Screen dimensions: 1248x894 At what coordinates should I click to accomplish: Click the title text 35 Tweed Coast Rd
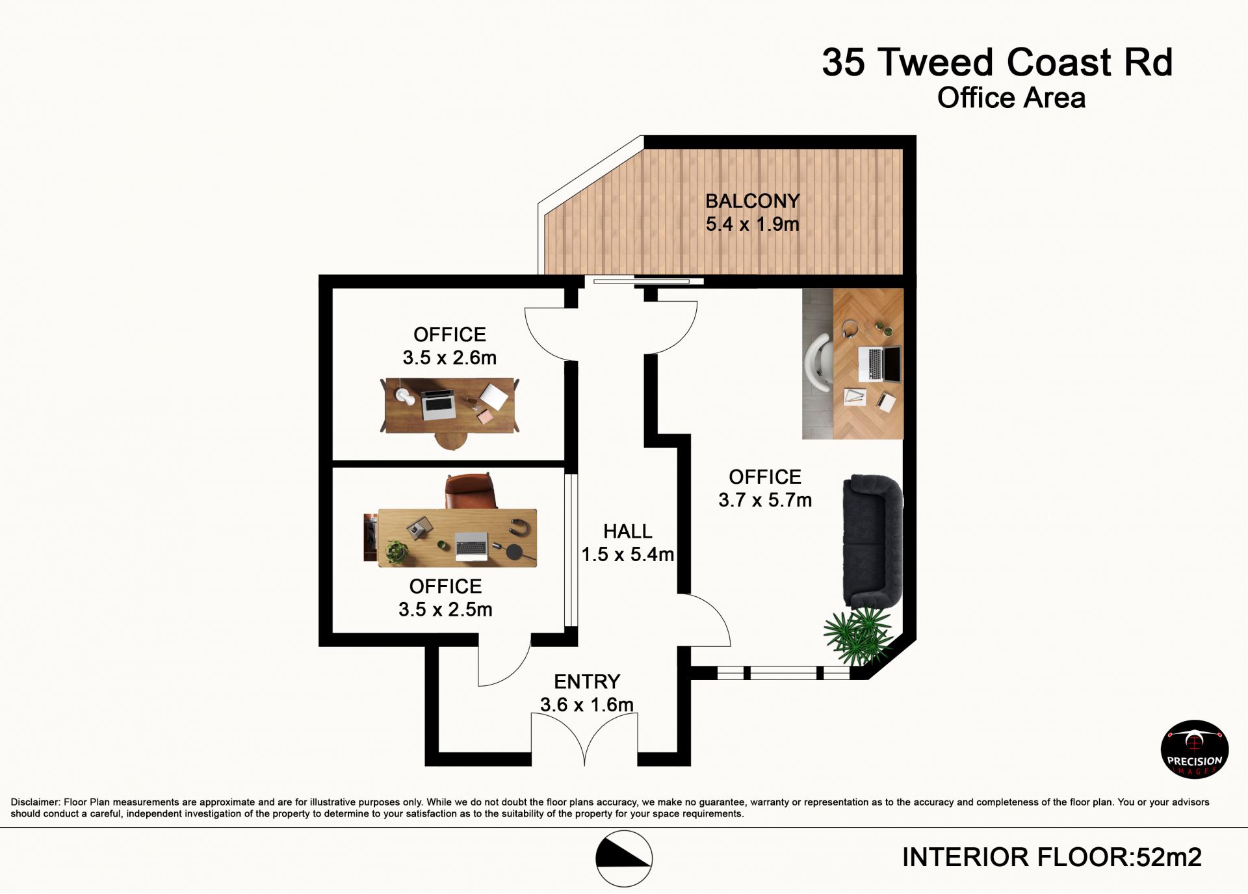pyautogui.click(x=997, y=62)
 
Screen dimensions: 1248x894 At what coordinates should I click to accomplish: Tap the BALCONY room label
pyautogui.click(x=753, y=201)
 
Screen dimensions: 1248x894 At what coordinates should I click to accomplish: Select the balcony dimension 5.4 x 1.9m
pyautogui.click(x=753, y=224)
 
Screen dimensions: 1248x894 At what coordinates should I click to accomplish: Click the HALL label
pyautogui.click(x=627, y=531)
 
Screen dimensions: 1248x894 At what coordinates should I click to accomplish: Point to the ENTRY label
pyautogui.click(x=587, y=681)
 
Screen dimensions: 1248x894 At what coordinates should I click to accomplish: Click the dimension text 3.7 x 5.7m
pyautogui.click(x=765, y=500)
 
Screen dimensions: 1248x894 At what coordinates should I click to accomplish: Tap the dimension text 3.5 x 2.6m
pyautogui.click(x=449, y=358)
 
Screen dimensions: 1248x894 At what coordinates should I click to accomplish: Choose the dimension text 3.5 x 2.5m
pyautogui.click(x=445, y=610)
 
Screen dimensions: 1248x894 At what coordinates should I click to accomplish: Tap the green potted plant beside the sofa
pyautogui.click(x=859, y=636)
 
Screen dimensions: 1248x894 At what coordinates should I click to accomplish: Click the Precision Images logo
pyautogui.click(x=1195, y=749)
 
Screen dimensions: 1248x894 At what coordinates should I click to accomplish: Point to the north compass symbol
pyautogui.click(x=624, y=858)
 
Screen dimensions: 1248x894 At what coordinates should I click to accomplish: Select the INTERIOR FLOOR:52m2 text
pyautogui.click(x=1052, y=858)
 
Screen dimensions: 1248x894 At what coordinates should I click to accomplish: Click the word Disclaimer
pyautogui.click(x=35, y=802)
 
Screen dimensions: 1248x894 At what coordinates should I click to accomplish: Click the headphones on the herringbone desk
pyautogui.click(x=851, y=329)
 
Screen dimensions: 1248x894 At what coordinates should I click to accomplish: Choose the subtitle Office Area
pyautogui.click(x=1011, y=98)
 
